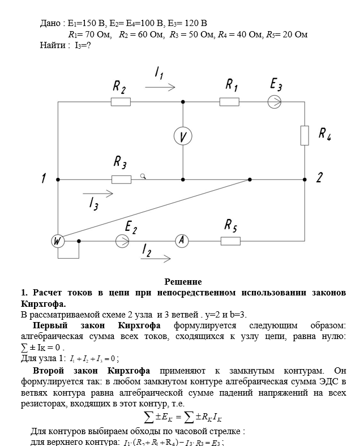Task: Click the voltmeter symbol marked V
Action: click(183, 136)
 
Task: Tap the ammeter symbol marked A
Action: click(182, 241)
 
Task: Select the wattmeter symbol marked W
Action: click(58, 241)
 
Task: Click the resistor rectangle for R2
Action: click(121, 102)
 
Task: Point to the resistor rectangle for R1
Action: click(229, 102)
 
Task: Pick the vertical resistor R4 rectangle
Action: click(305, 135)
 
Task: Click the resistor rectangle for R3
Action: click(121, 179)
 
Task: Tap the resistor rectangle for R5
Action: click(230, 241)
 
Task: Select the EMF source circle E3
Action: click(275, 102)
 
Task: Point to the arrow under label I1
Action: click(160, 88)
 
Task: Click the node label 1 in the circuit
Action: click(43, 179)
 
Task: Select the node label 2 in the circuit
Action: click(319, 178)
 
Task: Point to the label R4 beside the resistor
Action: click(324, 134)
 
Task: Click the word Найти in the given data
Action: click(53, 45)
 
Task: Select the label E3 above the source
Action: click(276, 85)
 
